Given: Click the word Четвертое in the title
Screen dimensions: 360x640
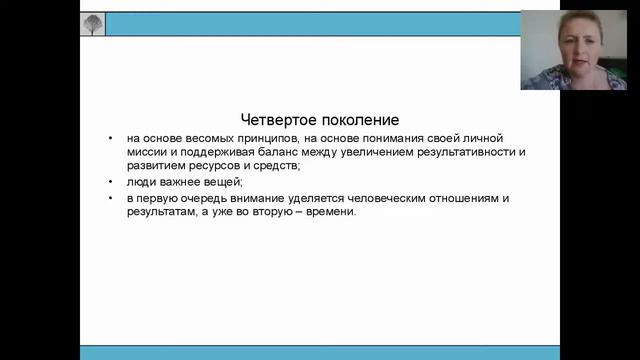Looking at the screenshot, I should point(278,118).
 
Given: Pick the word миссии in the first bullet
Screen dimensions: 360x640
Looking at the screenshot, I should point(146,152).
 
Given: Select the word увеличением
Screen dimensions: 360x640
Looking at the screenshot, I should point(368,152).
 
